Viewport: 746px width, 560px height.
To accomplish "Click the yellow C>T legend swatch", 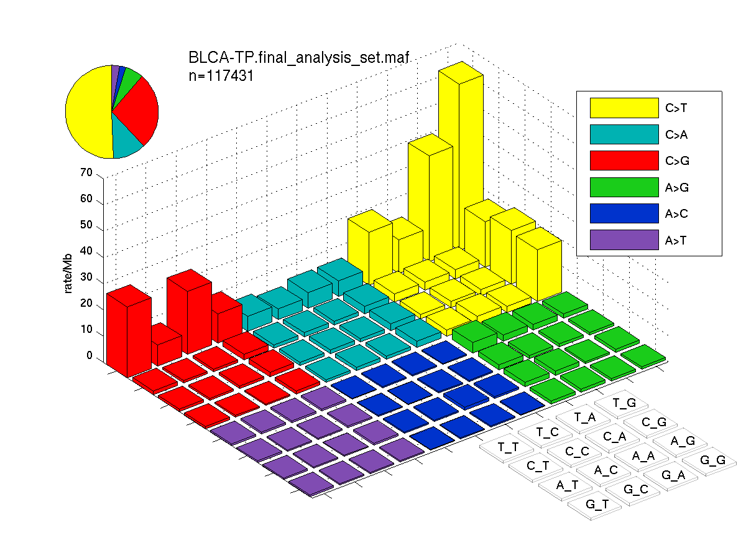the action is pyautogui.click(x=624, y=108).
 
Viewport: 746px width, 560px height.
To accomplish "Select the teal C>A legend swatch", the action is pyautogui.click(x=624, y=134).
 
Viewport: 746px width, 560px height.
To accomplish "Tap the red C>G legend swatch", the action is pyautogui.click(x=624, y=161).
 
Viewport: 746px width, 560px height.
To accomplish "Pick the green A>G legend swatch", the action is pyautogui.click(x=624, y=187).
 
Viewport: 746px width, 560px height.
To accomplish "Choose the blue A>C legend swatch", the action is pyautogui.click(x=624, y=213).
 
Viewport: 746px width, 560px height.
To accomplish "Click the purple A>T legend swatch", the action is pyautogui.click(x=624, y=240).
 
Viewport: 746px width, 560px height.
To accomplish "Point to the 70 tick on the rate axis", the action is pyautogui.click(x=86, y=172).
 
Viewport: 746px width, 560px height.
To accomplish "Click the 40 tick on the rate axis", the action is pyautogui.click(x=86, y=251).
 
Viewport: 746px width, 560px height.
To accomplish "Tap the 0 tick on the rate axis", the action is pyautogui.click(x=90, y=355).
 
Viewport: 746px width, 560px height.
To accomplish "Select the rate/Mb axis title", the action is pyautogui.click(x=68, y=273).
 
